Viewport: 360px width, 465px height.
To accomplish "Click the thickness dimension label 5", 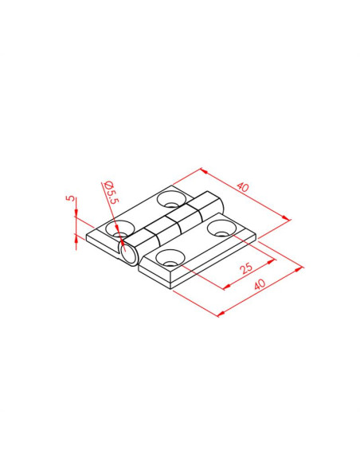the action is pos(72,198).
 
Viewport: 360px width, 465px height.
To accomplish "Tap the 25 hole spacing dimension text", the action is pos(246,268).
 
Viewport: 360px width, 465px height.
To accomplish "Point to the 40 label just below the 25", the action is pos(260,284).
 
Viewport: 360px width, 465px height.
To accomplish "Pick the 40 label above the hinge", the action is pos(243,187).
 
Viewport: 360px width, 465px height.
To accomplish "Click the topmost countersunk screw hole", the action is pos(171,199).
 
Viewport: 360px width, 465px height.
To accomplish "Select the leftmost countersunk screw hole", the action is pos(120,229).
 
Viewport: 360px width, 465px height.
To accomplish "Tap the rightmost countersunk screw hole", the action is pos(222,228).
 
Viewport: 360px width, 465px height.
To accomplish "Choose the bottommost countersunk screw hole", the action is pos(170,258).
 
